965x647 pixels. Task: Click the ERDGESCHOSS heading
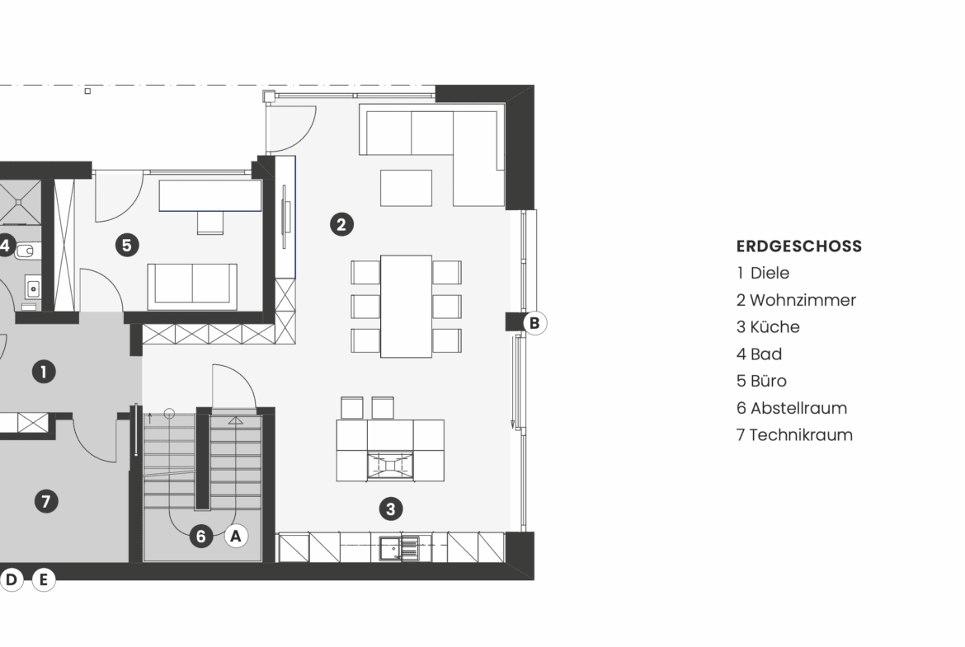799,246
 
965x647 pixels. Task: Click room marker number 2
341,224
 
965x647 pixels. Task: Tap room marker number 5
127,246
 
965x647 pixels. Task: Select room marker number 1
43,372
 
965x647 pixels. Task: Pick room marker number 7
46,501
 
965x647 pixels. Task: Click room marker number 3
391,509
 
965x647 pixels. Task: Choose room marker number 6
200,537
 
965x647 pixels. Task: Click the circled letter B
534,323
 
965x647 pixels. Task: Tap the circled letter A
236,537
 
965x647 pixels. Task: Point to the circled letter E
43,579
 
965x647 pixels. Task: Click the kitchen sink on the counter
399,548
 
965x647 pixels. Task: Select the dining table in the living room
406,307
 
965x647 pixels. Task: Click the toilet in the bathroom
25,251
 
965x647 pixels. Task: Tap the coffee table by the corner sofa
406,188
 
